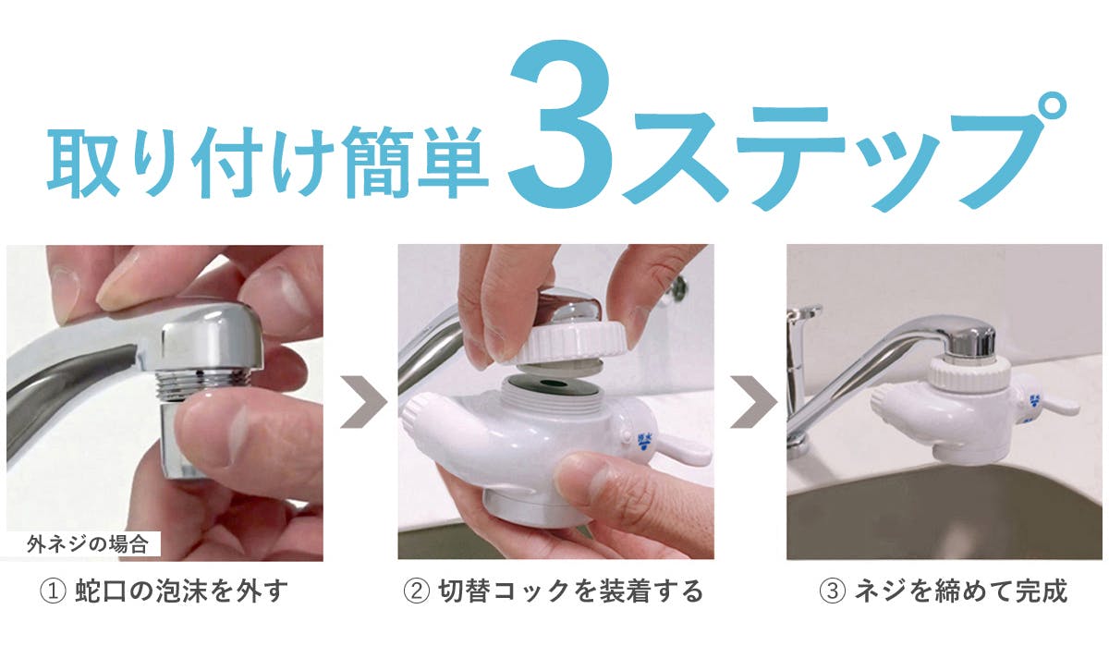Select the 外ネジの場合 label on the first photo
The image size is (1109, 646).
click(x=83, y=543)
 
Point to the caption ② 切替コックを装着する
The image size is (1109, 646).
click(x=554, y=591)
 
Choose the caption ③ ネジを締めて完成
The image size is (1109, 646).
click(x=943, y=591)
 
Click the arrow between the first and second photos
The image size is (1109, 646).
click(x=362, y=402)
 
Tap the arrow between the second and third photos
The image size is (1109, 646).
click(x=751, y=402)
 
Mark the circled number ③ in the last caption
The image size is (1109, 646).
click(x=831, y=591)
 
